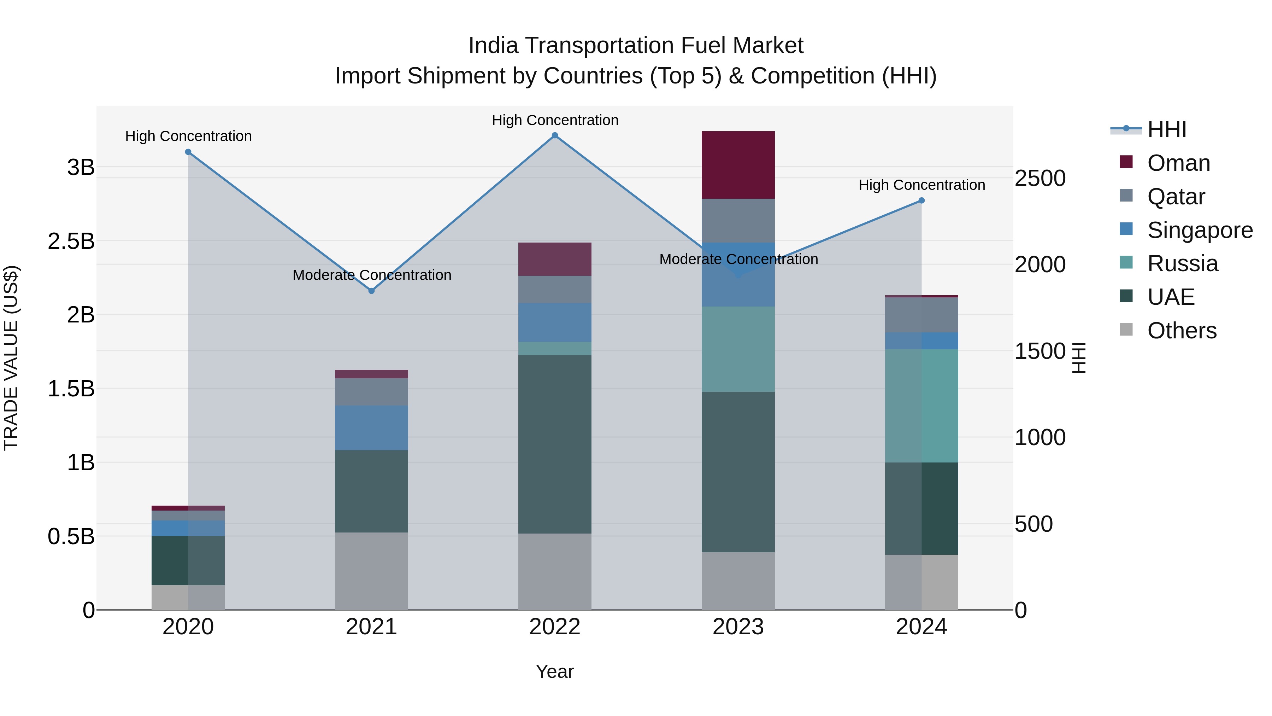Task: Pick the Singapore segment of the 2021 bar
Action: coord(371,427)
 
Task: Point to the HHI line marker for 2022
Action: coord(554,135)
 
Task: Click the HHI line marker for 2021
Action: coord(371,291)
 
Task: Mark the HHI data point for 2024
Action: coord(921,200)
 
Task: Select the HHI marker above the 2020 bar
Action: coord(188,152)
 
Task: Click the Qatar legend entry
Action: coord(1176,197)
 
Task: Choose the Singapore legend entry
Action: coord(1200,230)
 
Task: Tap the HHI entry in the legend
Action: coord(1166,129)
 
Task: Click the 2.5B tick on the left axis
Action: coord(71,241)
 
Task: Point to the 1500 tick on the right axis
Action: coord(1040,351)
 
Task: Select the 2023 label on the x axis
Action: coord(738,627)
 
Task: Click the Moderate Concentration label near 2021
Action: coord(372,275)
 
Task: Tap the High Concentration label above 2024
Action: coord(921,185)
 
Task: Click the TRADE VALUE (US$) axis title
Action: coord(11,358)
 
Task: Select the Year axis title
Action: coord(554,671)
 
